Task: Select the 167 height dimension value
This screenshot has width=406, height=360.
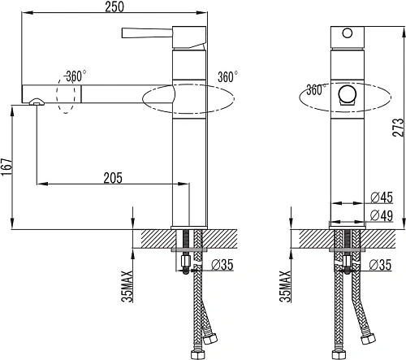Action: click(7, 167)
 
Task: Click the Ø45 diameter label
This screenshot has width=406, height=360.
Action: click(382, 197)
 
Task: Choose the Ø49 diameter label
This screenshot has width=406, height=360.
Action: click(382, 215)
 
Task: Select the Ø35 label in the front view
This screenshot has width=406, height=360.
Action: click(382, 264)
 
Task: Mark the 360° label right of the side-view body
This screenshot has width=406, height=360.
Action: click(228, 77)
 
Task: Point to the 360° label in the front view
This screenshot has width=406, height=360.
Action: click(315, 89)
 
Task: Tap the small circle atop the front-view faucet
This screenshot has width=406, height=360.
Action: click(348, 34)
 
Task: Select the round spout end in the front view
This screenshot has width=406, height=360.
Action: click(348, 93)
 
